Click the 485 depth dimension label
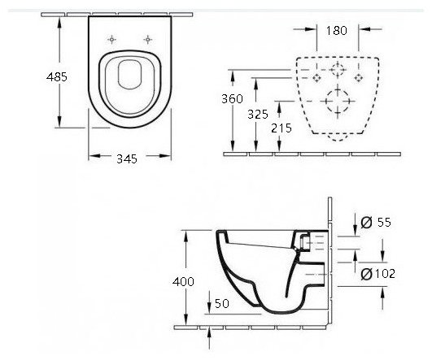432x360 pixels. (x=57, y=77)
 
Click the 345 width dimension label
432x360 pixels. (x=127, y=158)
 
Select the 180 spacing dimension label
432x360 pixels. (x=337, y=31)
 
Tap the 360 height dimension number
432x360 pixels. (x=232, y=99)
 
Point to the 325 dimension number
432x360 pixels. (x=258, y=115)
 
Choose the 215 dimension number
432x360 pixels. (x=281, y=128)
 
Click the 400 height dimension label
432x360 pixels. (x=184, y=281)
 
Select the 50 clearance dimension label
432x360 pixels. (x=222, y=303)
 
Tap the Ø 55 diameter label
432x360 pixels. (x=376, y=222)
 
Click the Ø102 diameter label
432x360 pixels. (x=378, y=274)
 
